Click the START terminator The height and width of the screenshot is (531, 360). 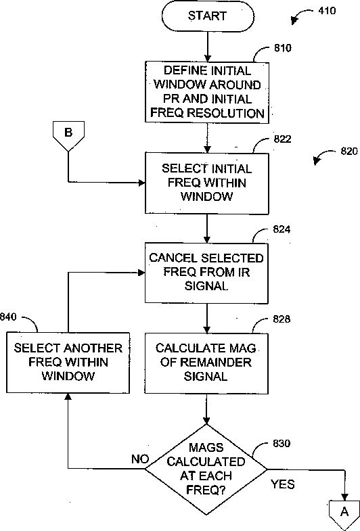click(x=208, y=16)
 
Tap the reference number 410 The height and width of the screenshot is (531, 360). click(x=327, y=11)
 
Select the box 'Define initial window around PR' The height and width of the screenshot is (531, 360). click(x=207, y=92)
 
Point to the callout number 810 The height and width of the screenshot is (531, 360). click(x=282, y=48)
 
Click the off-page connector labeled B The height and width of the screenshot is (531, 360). click(x=68, y=135)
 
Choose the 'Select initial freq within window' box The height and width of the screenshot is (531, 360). click(x=207, y=183)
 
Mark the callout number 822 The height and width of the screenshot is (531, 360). click(x=282, y=139)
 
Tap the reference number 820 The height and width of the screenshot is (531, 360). click(x=348, y=151)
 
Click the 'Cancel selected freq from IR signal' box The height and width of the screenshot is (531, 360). click(x=206, y=273)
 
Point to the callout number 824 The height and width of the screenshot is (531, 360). click(x=282, y=229)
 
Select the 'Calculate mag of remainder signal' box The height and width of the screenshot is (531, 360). click(x=206, y=363)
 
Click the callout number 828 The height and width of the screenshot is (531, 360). click(x=282, y=319)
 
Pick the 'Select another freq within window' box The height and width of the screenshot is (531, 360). click(x=68, y=363)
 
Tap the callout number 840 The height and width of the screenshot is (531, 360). click(x=8, y=317)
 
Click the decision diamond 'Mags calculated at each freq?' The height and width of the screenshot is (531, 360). click(x=206, y=469)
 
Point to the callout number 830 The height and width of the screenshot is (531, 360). click(x=282, y=443)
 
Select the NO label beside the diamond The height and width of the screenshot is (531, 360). click(x=140, y=459)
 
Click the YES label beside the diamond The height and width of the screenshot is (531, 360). click(x=283, y=484)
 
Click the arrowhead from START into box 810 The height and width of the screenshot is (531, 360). click(x=207, y=57)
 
